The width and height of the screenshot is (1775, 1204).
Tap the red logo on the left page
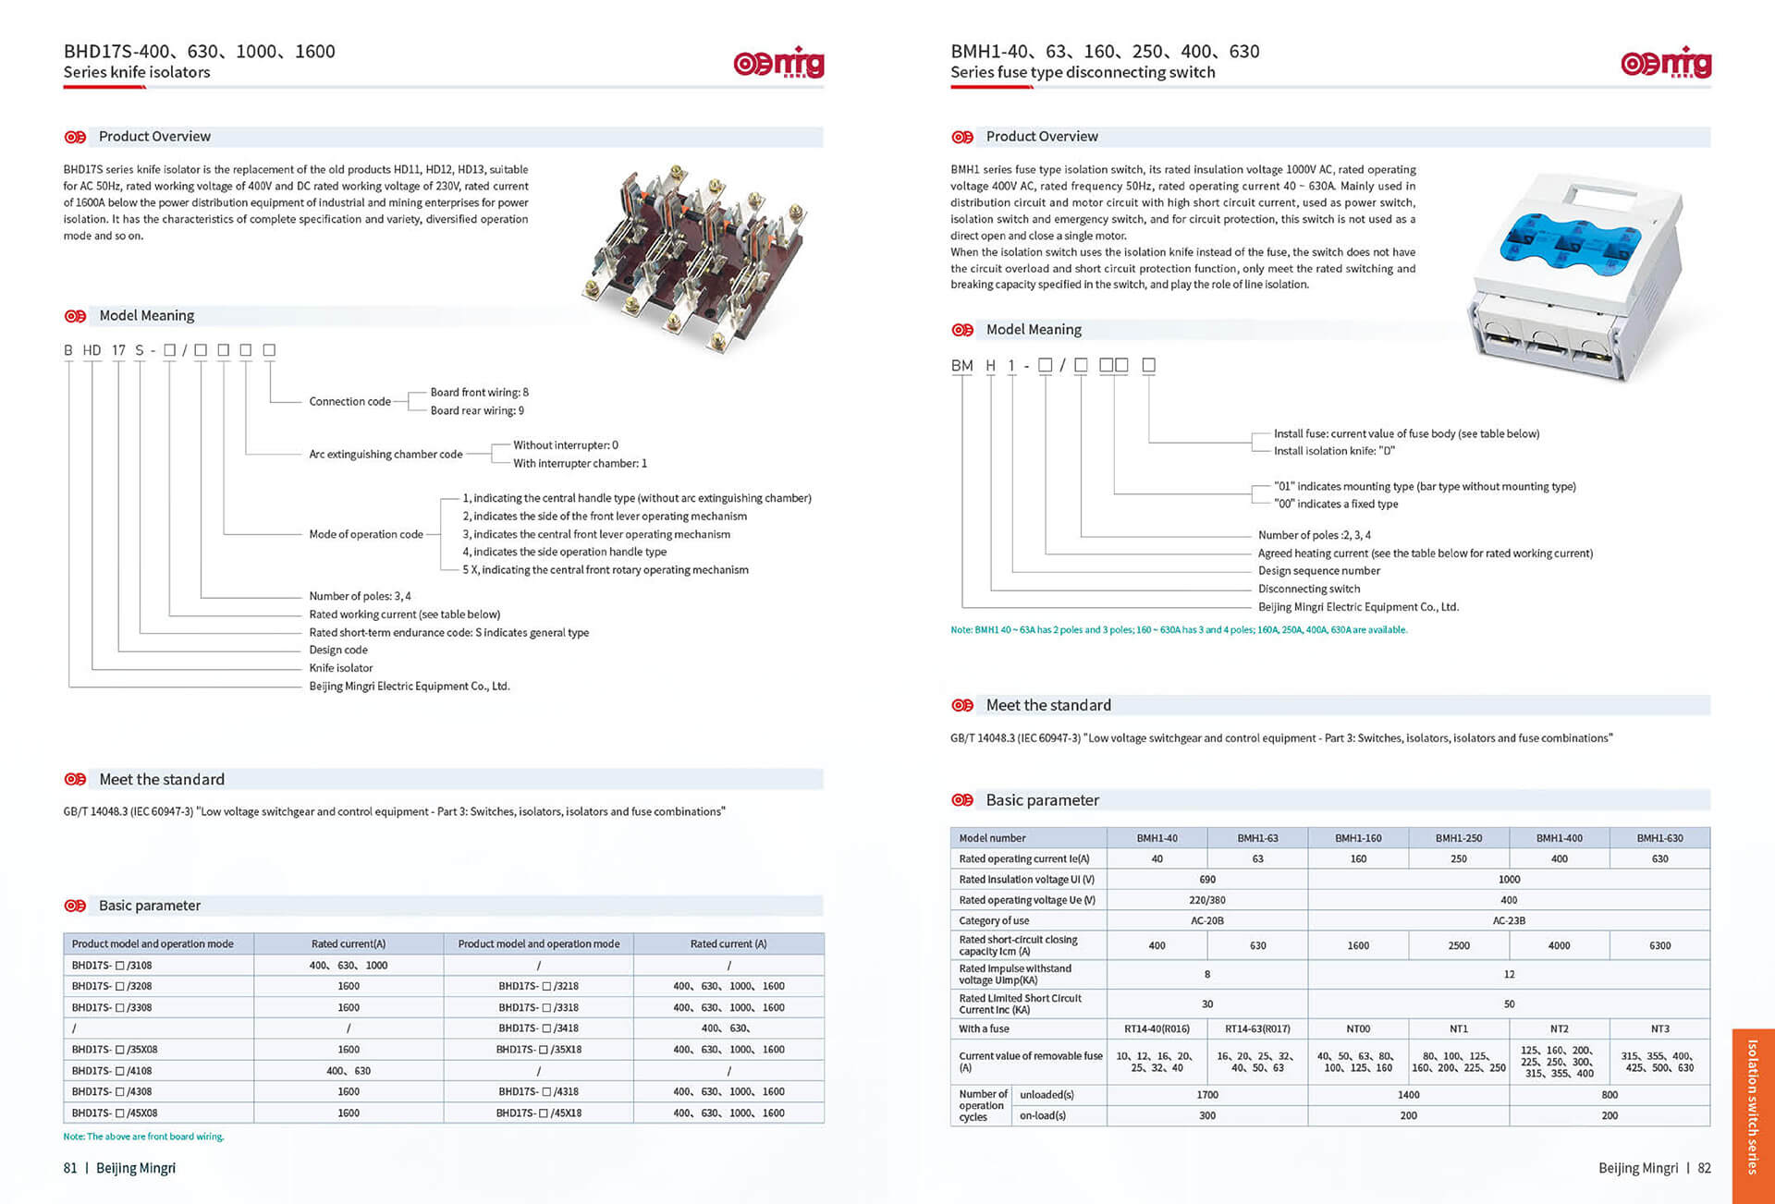click(778, 63)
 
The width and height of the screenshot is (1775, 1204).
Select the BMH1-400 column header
click(1559, 838)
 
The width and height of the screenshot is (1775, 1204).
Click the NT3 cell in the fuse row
click(1659, 1028)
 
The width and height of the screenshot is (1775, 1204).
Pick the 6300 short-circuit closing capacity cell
click(1659, 945)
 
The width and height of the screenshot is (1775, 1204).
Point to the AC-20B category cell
click(1206, 920)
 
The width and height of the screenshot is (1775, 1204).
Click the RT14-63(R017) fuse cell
click(1257, 1028)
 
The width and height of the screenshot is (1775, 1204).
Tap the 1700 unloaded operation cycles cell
click(1206, 1094)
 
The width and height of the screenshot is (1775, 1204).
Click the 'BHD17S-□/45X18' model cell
click(539, 1113)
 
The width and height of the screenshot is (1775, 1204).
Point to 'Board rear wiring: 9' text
click(477, 410)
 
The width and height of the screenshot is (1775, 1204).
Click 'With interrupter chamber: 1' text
click(580, 463)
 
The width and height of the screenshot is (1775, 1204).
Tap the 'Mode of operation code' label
click(366, 534)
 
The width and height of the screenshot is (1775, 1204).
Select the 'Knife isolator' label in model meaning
click(341, 668)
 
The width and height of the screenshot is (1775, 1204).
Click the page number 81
click(70, 1168)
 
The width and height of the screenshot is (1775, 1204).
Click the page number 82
click(1704, 1168)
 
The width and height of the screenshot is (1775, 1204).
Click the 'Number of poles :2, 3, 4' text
click(1314, 535)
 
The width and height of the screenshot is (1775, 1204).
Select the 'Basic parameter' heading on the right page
click(1042, 800)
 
